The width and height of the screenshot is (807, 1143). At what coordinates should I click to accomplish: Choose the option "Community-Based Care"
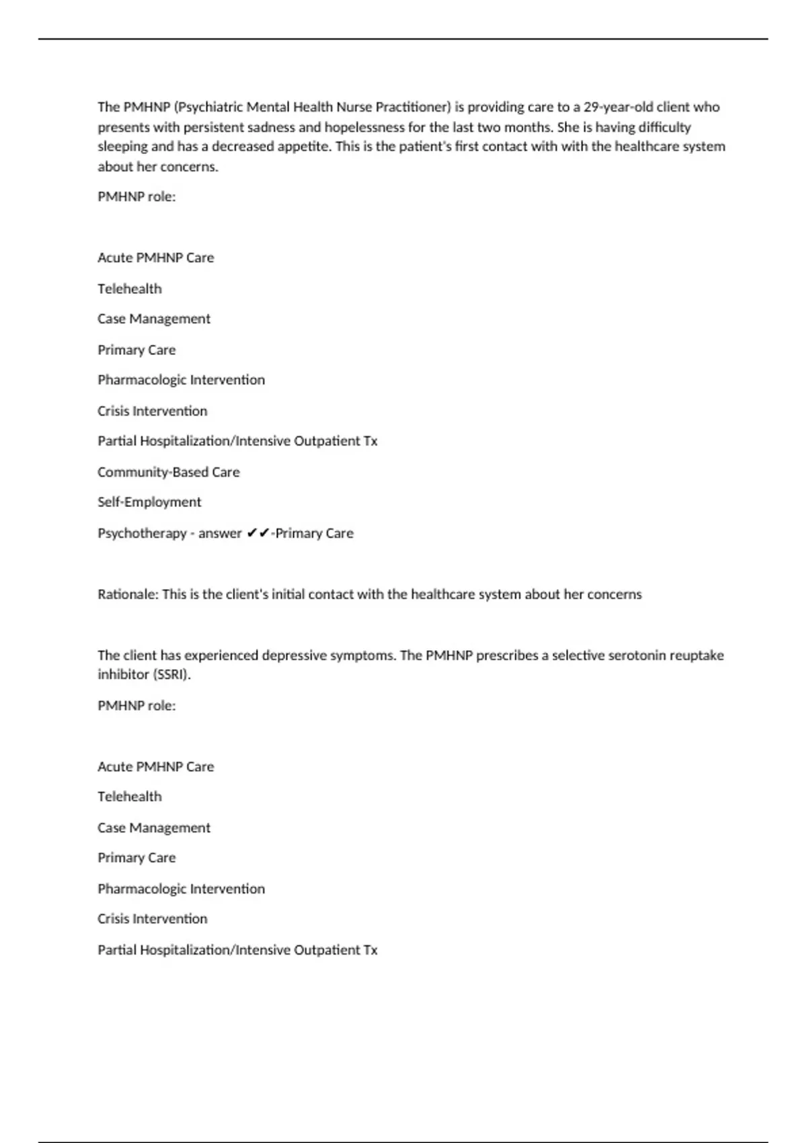pos(168,472)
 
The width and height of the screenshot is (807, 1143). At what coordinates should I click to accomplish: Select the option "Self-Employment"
pos(149,502)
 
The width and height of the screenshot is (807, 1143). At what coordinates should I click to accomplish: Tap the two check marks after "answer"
pos(258,533)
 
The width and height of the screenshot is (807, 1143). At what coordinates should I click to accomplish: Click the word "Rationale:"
pos(128,594)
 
